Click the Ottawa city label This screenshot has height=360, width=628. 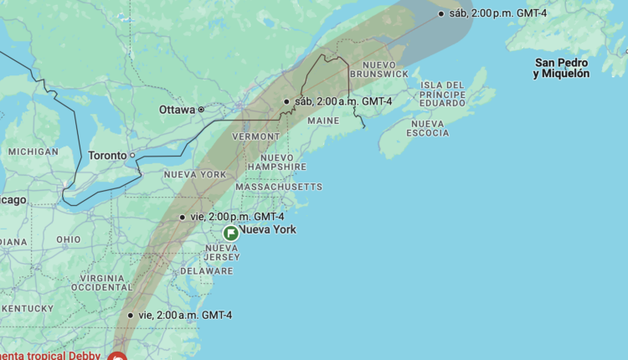[x=177, y=110]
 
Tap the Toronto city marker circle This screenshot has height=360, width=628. [x=131, y=155]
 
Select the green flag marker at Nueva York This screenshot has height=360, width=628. [x=230, y=234]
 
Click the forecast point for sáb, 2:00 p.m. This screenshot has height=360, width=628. [x=441, y=13]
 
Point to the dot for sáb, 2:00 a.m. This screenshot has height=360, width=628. [x=286, y=101]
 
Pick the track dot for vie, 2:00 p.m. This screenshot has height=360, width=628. [x=183, y=217]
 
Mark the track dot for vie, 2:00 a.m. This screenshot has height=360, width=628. [x=131, y=316]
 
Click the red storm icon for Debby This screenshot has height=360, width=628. [x=117, y=357]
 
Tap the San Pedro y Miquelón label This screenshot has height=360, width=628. [x=562, y=68]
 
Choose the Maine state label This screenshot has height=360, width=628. [x=323, y=121]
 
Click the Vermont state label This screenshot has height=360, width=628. [x=255, y=136]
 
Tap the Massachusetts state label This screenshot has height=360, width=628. [x=278, y=186]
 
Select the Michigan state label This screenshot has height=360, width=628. [x=33, y=152]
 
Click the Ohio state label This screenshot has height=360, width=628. [x=69, y=239]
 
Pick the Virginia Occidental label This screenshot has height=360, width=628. [x=102, y=282]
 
